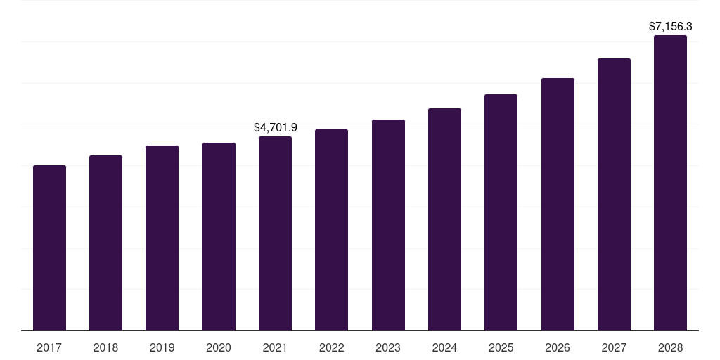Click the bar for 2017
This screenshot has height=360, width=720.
coord(49,247)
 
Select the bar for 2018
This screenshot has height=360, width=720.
coord(105,243)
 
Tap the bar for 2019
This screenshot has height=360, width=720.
coord(162,238)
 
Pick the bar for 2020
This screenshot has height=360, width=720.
coord(219,236)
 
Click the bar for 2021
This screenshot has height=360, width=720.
coord(275,233)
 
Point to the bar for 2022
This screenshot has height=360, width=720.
coord(331,230)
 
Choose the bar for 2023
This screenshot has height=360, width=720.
coord(388,225)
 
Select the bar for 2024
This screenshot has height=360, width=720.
coord(444,219)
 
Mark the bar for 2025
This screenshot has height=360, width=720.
coord(501,212)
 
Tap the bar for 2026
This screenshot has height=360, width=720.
coord(558,204)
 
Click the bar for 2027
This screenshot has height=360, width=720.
coord(614,194)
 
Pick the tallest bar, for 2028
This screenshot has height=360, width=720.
coord(670,183)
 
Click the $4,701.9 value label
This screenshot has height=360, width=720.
coord(275,127)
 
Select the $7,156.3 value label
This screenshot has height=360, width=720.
coord(670,26)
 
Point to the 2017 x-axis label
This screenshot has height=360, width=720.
coord(49,347)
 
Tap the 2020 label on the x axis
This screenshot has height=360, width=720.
coord(219,347)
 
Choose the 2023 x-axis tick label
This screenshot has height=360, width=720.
coord(388,347)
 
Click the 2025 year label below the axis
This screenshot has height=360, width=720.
coord(501,347)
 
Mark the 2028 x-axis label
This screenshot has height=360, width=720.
coord(670,347)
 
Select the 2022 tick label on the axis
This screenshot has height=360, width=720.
coord(331,347)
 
